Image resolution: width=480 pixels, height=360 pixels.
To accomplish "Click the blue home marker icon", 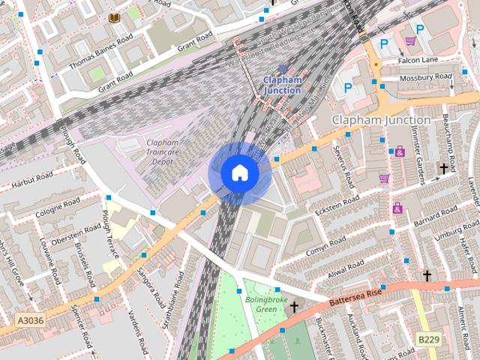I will point(239,172).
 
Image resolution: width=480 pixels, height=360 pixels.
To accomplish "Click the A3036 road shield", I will point(31,320).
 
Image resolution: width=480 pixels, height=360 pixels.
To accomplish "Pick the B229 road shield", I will point(427,340).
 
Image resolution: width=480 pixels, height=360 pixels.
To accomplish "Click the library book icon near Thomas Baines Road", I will point(114,17).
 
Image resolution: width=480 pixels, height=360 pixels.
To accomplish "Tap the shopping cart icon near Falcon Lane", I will point(410,40).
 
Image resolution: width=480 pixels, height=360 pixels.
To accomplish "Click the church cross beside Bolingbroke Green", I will point(294,307).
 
